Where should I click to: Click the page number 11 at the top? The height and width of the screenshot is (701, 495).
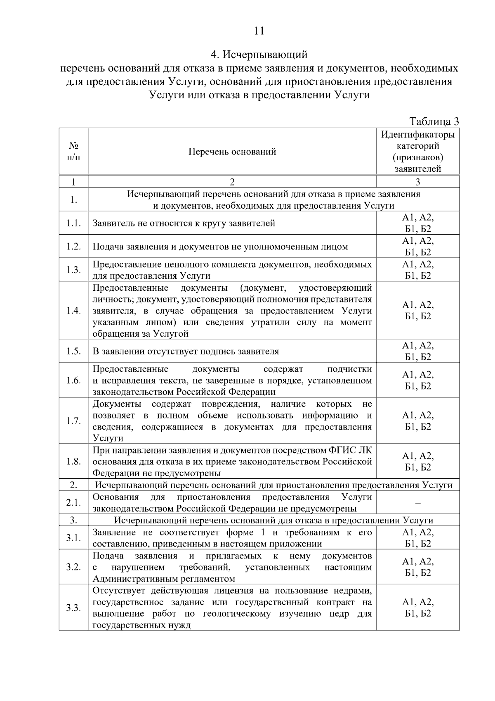pos(259,31)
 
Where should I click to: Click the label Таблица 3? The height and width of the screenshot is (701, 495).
pos(434,121)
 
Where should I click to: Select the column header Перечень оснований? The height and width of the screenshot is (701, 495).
pos(232,152)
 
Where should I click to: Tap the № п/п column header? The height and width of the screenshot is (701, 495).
pos(73,151)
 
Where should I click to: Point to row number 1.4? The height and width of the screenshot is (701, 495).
pos(73,311)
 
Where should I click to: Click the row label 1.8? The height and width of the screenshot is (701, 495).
pos(73,461)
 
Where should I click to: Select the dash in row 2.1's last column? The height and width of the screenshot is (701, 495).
pos(418,503)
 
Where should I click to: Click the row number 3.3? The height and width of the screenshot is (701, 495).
pos(73,608)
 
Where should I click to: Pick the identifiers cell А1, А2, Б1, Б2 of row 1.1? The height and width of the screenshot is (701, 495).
pos(418,223)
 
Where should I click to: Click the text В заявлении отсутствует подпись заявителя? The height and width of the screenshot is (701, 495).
pos(186,352)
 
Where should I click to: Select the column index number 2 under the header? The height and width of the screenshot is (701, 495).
pos(232,182)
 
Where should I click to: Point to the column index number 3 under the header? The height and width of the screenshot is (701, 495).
pos(418,182)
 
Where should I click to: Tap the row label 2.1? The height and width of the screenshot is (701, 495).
pos(73,503)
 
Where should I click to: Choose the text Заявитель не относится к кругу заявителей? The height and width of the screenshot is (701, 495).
pos(184,223)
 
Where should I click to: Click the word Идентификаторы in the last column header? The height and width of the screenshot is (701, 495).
pos(418,135)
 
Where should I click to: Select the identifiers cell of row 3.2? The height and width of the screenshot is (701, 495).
pos(418,567)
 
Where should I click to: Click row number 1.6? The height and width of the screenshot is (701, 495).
pos(73,380)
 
